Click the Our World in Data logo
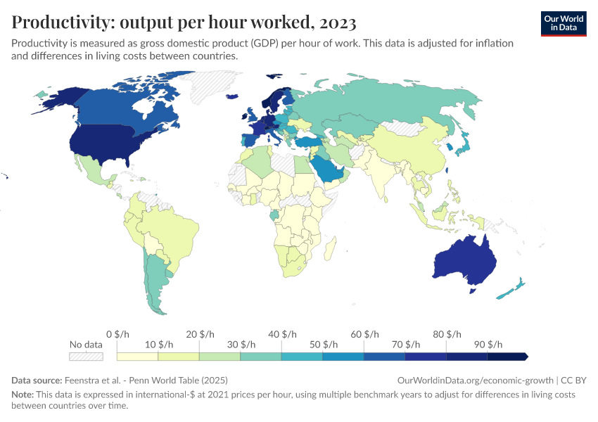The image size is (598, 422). point(564,23)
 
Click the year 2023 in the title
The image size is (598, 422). point(337,23)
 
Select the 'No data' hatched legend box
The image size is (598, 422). point(85,357)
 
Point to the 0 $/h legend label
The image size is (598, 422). point(118,334)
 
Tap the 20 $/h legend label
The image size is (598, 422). point(201,334)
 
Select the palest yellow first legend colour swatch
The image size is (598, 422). point(138,357)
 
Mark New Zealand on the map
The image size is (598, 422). point(511,289)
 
